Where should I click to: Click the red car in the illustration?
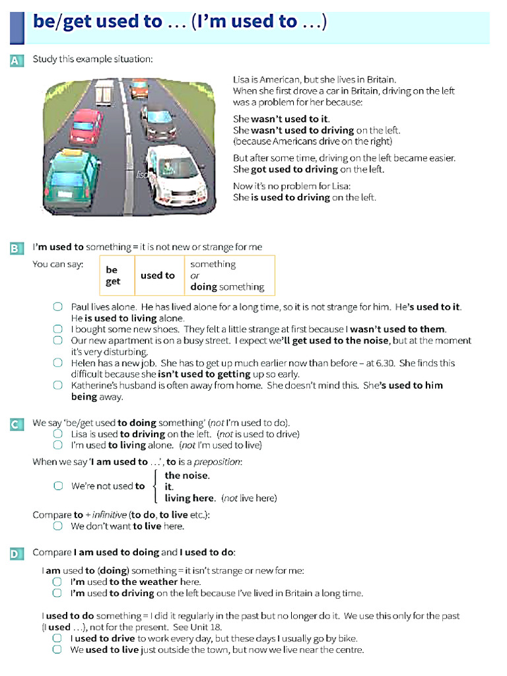[86, 125]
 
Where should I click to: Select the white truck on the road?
[104, 92]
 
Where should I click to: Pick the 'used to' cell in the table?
[157, 275]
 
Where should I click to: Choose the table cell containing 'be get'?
[113, 275]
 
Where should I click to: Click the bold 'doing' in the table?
[203, 287]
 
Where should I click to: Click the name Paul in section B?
[81, 307]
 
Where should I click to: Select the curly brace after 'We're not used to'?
[156, 487]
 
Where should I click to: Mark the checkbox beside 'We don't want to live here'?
[58, 526]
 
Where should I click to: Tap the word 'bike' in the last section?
[351, 638]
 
